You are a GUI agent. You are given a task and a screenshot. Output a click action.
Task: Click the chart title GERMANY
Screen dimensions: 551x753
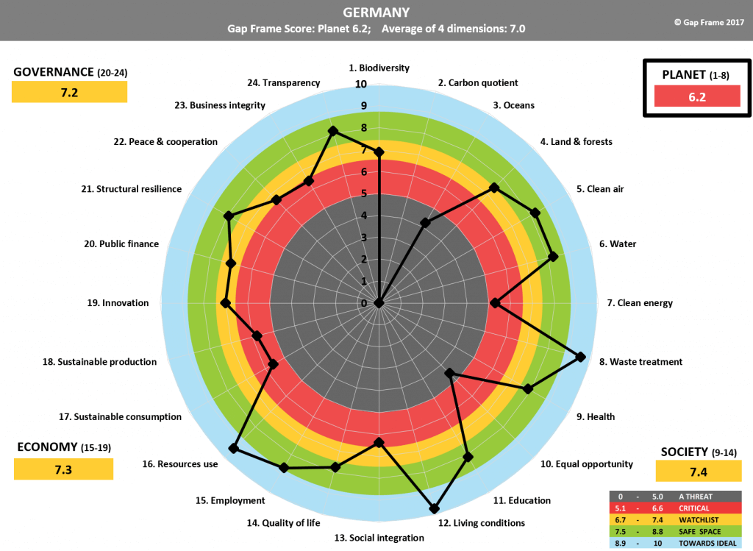(x=376, y=13)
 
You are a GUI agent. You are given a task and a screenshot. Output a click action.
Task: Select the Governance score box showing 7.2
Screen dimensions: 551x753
(x=70, y=92)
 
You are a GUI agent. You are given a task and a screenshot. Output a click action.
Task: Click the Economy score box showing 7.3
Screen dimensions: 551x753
(x=63, y=469)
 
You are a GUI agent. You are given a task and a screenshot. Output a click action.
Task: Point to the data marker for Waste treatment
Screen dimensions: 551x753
(x=580, y=358)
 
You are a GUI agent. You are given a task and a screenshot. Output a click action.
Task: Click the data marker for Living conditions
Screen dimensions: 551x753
(x=434, y=508)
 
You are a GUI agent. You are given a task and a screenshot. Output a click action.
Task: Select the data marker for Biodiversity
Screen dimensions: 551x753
(x=379, y=152)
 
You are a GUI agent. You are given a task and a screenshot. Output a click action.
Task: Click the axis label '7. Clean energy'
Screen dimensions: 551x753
(x=640, y=303)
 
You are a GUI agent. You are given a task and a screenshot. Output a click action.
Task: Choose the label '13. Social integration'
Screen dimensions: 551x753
(x=379, y=538)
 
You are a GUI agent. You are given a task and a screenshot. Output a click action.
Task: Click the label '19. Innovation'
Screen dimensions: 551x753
(x=118, y=303)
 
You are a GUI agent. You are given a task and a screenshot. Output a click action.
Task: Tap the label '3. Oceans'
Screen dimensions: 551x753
(x=514, y=105)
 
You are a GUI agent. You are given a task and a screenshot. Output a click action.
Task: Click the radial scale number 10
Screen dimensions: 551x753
(x=361, y=85)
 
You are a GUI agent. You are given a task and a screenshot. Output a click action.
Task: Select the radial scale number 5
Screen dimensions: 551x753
(x=363, y=194)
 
